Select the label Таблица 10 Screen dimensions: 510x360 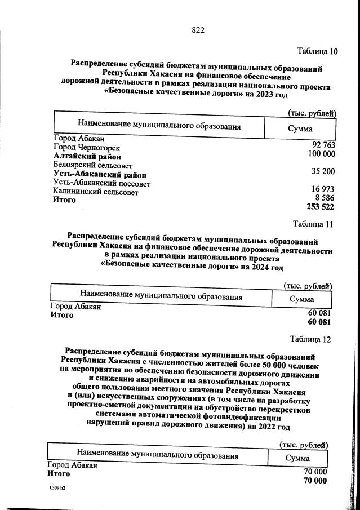(x=317, y=51)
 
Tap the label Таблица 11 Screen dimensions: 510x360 (x=312, y=224)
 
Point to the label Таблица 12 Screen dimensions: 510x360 (x=310, y=339)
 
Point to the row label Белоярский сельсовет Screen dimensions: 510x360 (x=92, y=165)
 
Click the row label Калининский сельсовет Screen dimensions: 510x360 (x=95, y=192)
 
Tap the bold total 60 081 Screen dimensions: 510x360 (x=318, y=322)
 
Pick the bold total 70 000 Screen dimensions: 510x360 (x=315, y=481)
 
